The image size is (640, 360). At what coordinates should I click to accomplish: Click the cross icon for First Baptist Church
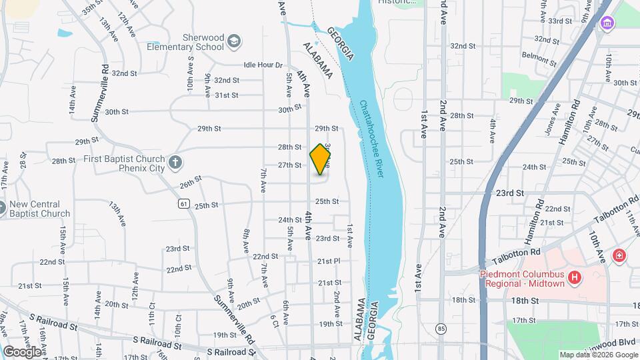click(175, 162)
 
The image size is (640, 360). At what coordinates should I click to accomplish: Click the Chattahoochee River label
click(373, 139)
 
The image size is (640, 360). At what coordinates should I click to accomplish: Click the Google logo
click(22, 351)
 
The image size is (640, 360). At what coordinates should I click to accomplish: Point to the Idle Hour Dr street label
click(263, 65)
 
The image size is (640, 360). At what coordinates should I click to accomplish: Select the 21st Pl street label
click(329, 261)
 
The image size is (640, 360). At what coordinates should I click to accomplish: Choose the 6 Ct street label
click(275, 321)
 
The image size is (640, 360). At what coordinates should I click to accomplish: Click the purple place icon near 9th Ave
click(607, 24)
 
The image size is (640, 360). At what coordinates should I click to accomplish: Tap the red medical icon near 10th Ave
click(619, 255)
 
